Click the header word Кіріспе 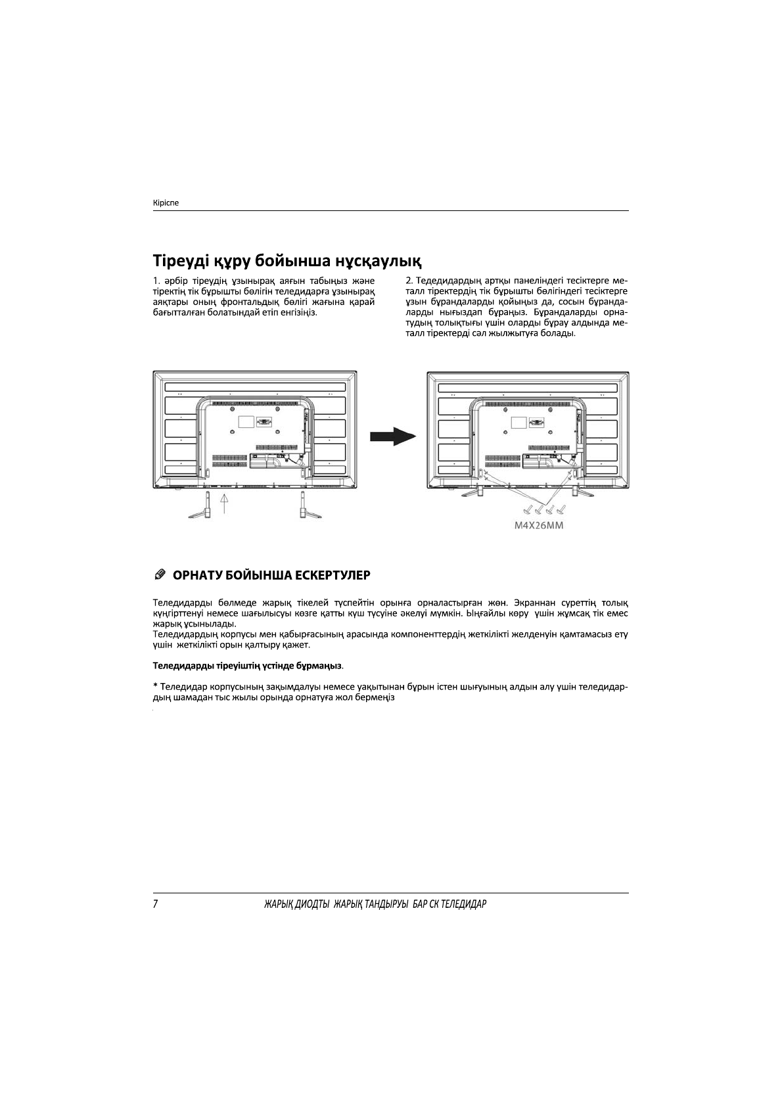click(x=166, y=203)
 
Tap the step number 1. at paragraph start click(x=156, y=282)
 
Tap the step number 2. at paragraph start click(x=410, y=282)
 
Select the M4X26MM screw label click(x=539, y=526)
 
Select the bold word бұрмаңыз click(x=319, y=666)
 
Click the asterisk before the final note click(x=155, y=686)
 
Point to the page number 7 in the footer click(x=155, y=904)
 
